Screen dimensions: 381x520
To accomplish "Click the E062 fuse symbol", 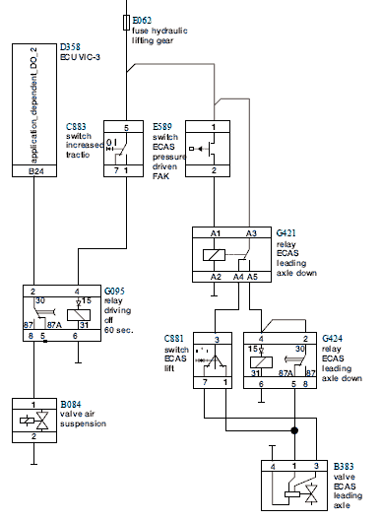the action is tap(126, 23).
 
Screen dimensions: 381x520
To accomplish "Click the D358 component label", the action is tap(70, 46).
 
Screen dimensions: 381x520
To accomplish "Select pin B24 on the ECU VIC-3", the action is tap(34, 171).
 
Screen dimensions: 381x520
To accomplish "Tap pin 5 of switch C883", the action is tap(126, 128).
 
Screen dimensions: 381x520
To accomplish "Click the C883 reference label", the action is tap(76, 127).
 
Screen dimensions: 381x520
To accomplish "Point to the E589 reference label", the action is tap(162, 127).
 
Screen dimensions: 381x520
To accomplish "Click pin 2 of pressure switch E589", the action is tap(214, 170).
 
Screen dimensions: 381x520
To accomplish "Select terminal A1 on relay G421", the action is tap(216, 233).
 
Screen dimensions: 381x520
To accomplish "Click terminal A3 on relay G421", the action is tap(251, 233).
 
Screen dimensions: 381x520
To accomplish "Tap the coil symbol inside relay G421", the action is tap(214, 255).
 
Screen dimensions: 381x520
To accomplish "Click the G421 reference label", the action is tap(286, 232).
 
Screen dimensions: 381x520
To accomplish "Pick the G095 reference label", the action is tap(114, 291).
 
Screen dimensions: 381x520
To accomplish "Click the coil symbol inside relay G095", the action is tap(79, 315).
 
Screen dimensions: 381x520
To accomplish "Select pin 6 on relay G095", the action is tap(75, 336).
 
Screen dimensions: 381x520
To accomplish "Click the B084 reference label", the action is tap(71, 404).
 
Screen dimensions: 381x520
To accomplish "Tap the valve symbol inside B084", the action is tap(34, 421).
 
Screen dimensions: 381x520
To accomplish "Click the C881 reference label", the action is tap(173, 339).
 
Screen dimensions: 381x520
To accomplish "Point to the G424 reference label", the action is tap(332, 339).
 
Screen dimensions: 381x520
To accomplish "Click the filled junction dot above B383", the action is tap(294, 430).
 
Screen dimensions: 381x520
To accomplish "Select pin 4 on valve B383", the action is tap(273, 467).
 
